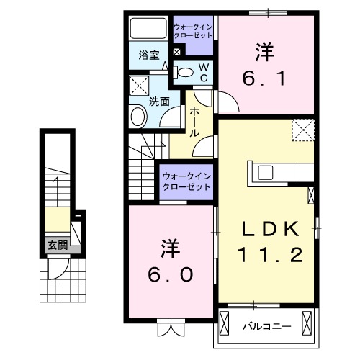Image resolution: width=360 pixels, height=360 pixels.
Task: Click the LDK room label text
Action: point(269,229)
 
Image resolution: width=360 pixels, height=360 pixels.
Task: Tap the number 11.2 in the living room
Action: point(269,253)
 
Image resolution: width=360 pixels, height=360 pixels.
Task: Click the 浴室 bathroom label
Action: point(148,55)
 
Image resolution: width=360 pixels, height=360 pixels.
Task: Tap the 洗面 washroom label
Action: point(159,102)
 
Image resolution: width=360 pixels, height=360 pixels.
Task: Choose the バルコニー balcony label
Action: point(266,325)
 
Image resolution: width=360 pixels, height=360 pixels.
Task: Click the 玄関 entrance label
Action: point(58,245)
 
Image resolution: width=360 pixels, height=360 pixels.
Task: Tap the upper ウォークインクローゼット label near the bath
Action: point(192,32)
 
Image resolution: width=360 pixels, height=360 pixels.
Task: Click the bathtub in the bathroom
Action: point(147,30)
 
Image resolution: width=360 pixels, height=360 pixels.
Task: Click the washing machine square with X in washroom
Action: point(138,88)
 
